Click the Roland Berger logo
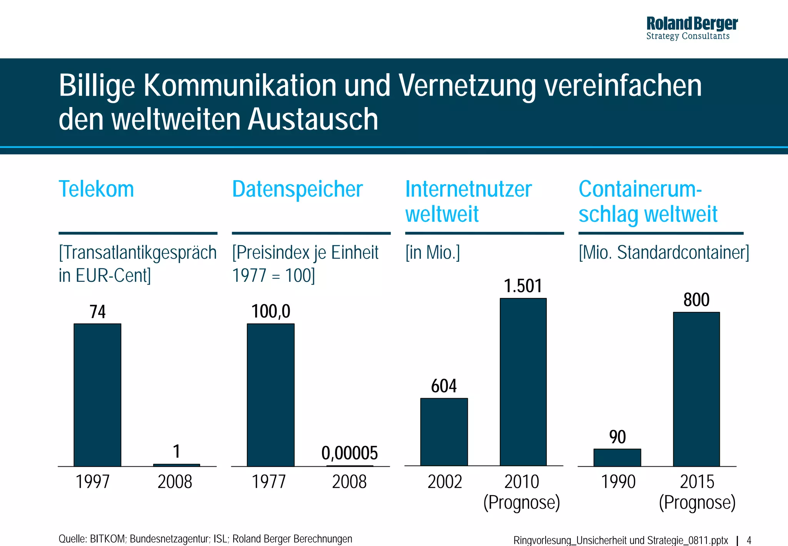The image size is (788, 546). coord(691,28)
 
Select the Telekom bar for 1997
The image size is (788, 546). coord(97,395)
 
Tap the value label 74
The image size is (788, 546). coord(97,312)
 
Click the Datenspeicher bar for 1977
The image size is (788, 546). coord(270,395)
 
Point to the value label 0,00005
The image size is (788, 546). coord(349,453)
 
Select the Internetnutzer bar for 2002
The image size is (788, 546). coord(444,432)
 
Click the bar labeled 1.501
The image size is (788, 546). coord(523,382)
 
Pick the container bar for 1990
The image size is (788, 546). coord(617,457)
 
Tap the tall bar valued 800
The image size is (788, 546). coord(696,389)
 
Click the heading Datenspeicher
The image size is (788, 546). coord(297,189)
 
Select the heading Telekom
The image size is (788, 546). coord(96,189)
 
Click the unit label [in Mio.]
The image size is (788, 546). coord(432,253)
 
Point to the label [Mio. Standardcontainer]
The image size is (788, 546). coord(664,253)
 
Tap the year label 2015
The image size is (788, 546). coord(697,482)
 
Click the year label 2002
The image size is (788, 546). coord(444,482)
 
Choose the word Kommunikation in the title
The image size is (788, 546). coord(240,85)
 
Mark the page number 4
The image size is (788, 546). coord(749,540)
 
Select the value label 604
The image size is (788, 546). coord(444,386)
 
